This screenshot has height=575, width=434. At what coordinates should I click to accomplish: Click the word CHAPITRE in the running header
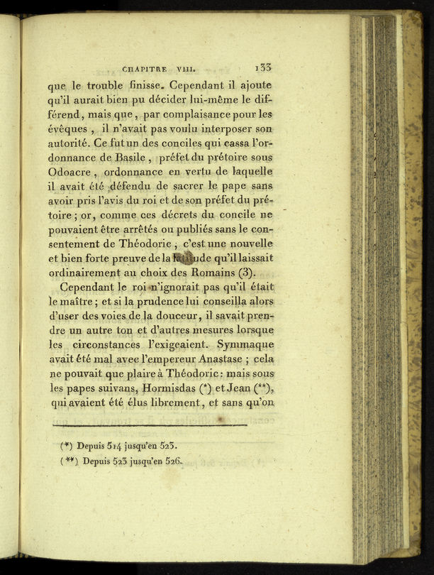[x=145, y=70]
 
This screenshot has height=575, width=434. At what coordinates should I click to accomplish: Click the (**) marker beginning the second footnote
[x=68, y=461]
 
